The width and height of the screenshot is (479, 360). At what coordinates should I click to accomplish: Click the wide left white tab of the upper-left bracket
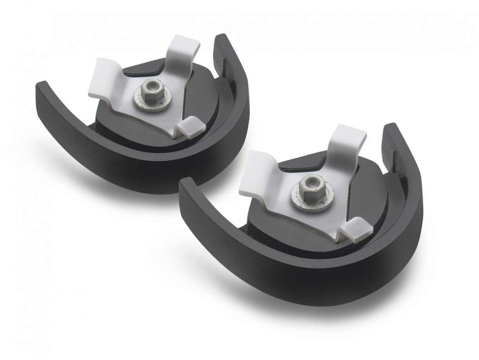[x=103, y=81]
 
